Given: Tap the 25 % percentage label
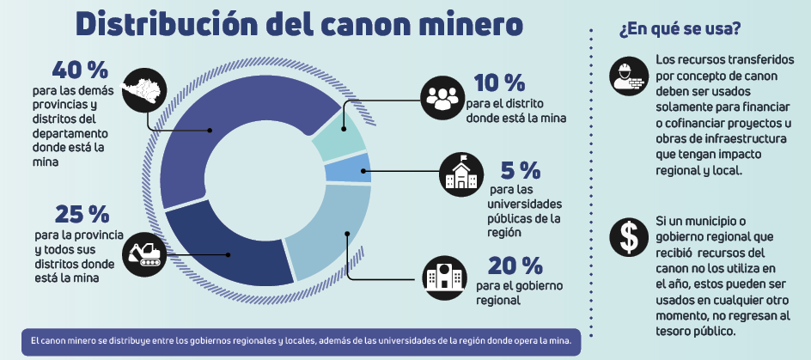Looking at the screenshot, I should click(82, 215).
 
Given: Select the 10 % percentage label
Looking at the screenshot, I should click(499, 83).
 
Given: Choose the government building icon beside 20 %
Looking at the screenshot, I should click(444, 276).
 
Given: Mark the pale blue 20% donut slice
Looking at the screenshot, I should click(331, 228).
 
